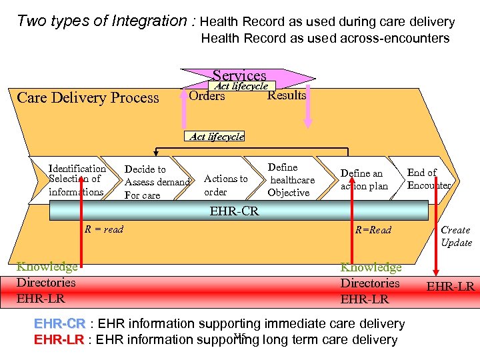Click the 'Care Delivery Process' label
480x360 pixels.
click(x=88, y=98)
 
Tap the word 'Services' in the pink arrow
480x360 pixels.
click(x=239, y=76)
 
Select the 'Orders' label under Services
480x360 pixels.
click(x=207, y=96)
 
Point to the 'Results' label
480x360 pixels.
click(x=287, y=95)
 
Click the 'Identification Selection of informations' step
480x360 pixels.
click(x=77, y=180)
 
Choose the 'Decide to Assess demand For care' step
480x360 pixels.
click(x=157, y=182)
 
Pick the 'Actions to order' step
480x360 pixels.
click(x=225, y=185)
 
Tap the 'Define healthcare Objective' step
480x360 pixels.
click(x=291, y=180)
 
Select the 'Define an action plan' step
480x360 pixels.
click(x=364, y=179)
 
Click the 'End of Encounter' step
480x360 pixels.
click(x=428, y=179)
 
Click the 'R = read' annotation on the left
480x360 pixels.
click(x=103, y=229)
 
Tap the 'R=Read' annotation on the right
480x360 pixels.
click(x=373, y=230)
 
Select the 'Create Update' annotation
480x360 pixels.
click(x=456, y=236)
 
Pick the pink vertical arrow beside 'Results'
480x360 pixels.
click(x=307, y=107)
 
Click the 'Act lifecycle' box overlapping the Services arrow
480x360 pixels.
click(x=241, y=86)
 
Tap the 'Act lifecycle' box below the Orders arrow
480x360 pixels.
click(x=217, y=136)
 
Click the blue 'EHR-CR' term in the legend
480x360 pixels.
click(x=59, y=324)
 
